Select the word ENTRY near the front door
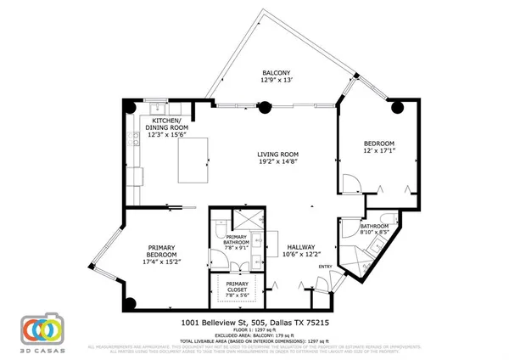(325, 267)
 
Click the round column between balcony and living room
(266, 108)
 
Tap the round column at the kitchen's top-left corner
(128, 107)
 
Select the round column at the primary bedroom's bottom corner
(129, 303)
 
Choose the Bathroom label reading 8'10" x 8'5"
(374, 228)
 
